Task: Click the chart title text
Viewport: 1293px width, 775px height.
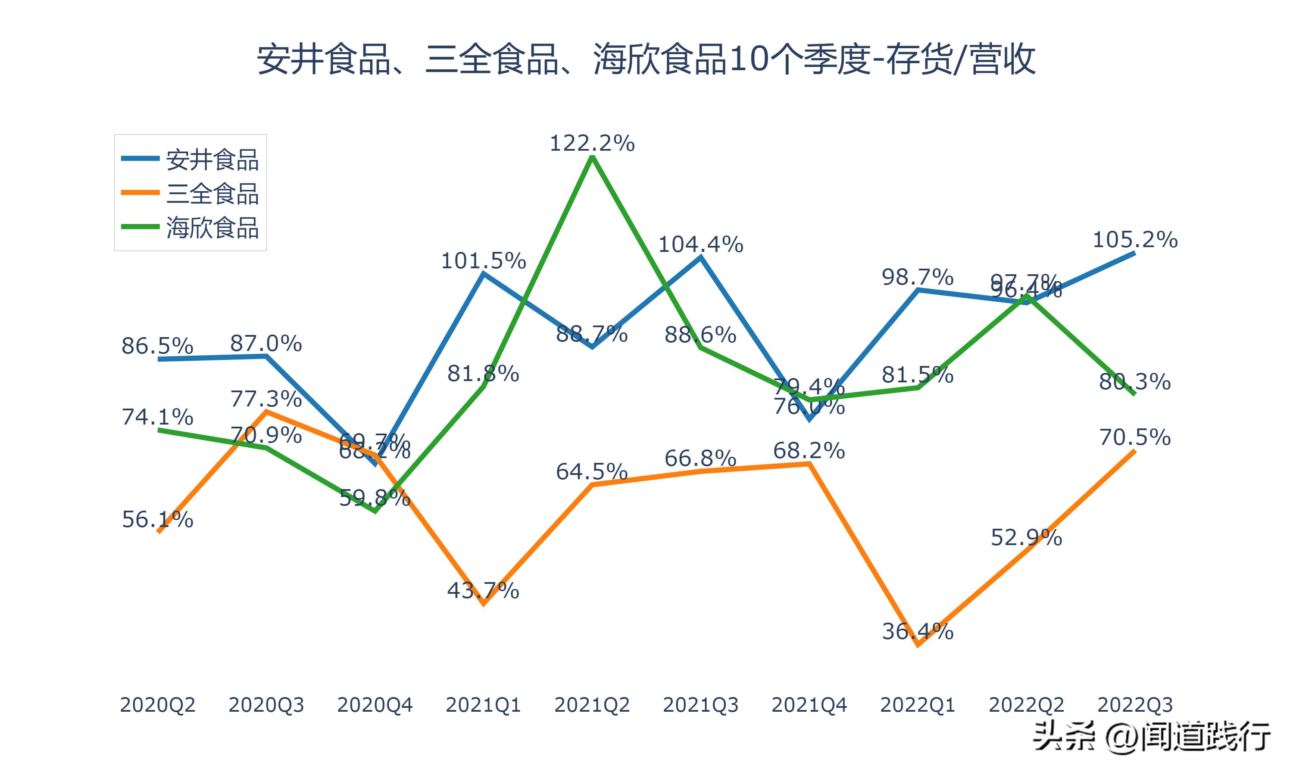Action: point(646,59)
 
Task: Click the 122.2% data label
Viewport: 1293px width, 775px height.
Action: point(592,143)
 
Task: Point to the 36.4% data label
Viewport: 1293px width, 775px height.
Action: point(918,631)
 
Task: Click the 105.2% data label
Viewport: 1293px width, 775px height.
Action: point(1135,240)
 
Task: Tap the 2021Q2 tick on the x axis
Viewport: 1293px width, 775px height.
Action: point(592,705)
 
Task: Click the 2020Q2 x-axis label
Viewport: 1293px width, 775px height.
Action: point(157,705)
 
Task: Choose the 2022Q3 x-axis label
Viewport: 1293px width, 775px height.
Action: point(1135,705)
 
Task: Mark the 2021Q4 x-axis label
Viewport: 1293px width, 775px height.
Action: point(809,705)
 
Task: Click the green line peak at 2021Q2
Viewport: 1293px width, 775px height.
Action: point(592,157)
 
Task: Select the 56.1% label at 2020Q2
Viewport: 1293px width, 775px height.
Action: point(157,520)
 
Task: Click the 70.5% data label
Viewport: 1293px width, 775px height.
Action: point(1135,437)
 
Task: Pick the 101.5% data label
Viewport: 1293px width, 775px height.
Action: point(484,260)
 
